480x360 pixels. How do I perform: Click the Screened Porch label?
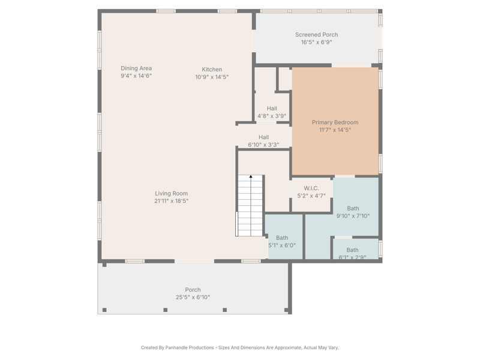point(317,35)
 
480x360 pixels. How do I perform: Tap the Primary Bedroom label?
point(335,122)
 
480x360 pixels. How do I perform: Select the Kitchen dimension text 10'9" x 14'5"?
point(212,77)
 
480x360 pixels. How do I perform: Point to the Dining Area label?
point(136,68)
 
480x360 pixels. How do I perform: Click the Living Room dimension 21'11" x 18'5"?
point(171,201)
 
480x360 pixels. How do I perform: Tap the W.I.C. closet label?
point(311,188)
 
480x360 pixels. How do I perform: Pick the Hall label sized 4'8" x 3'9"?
point(272,109)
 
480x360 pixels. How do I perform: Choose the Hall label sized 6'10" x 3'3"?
point(263,137)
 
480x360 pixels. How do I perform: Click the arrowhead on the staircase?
point(251,176)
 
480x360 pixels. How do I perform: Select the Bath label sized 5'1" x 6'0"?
point(282,238)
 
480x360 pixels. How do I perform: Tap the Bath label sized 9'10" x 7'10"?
point(353,208)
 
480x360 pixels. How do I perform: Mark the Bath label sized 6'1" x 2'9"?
point(352,250)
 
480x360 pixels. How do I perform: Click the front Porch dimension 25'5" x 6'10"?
point(193,297)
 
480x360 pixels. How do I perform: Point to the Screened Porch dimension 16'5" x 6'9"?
point(317,42)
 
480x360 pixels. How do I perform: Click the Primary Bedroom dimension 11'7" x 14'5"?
point(335,130)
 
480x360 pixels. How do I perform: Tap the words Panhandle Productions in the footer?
point(190,347)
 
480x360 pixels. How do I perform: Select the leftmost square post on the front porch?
point(104,310)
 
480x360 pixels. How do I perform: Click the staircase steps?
point(250,205)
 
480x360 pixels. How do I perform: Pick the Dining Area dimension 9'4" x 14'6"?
point(136,76)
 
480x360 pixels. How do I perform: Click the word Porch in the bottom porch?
point(193,290)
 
